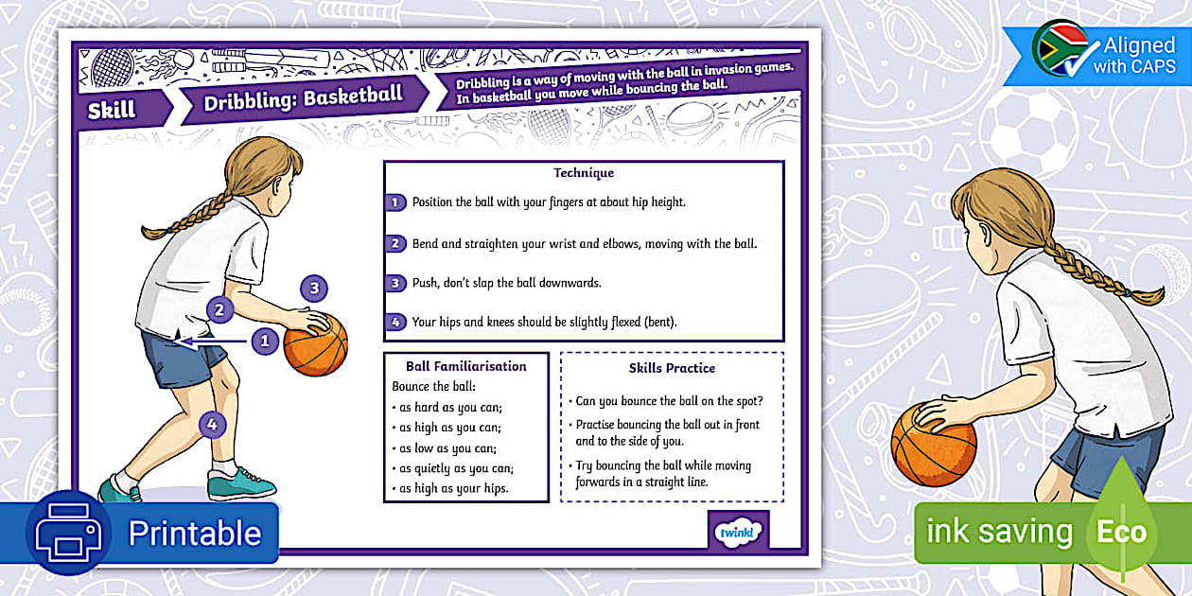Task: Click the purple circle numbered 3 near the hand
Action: pos(314,289)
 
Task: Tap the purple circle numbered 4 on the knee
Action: pos(213,425)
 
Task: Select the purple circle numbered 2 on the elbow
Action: pos(219,308)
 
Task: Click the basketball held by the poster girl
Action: pos(316,345)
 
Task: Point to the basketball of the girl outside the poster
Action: pos(933,443)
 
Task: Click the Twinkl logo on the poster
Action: pos(738,532)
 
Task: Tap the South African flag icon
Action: pos(1060,50)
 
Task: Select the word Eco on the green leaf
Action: pos(1121,532)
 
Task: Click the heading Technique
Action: pos(584,173)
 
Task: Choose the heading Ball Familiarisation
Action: pos(465,366)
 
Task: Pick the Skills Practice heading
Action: pos(672,368)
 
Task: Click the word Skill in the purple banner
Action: pos(112,110)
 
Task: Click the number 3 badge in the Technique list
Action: pos(396,283)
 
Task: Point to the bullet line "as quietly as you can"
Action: pos(450,468)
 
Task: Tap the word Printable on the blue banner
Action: pos(195,534)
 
